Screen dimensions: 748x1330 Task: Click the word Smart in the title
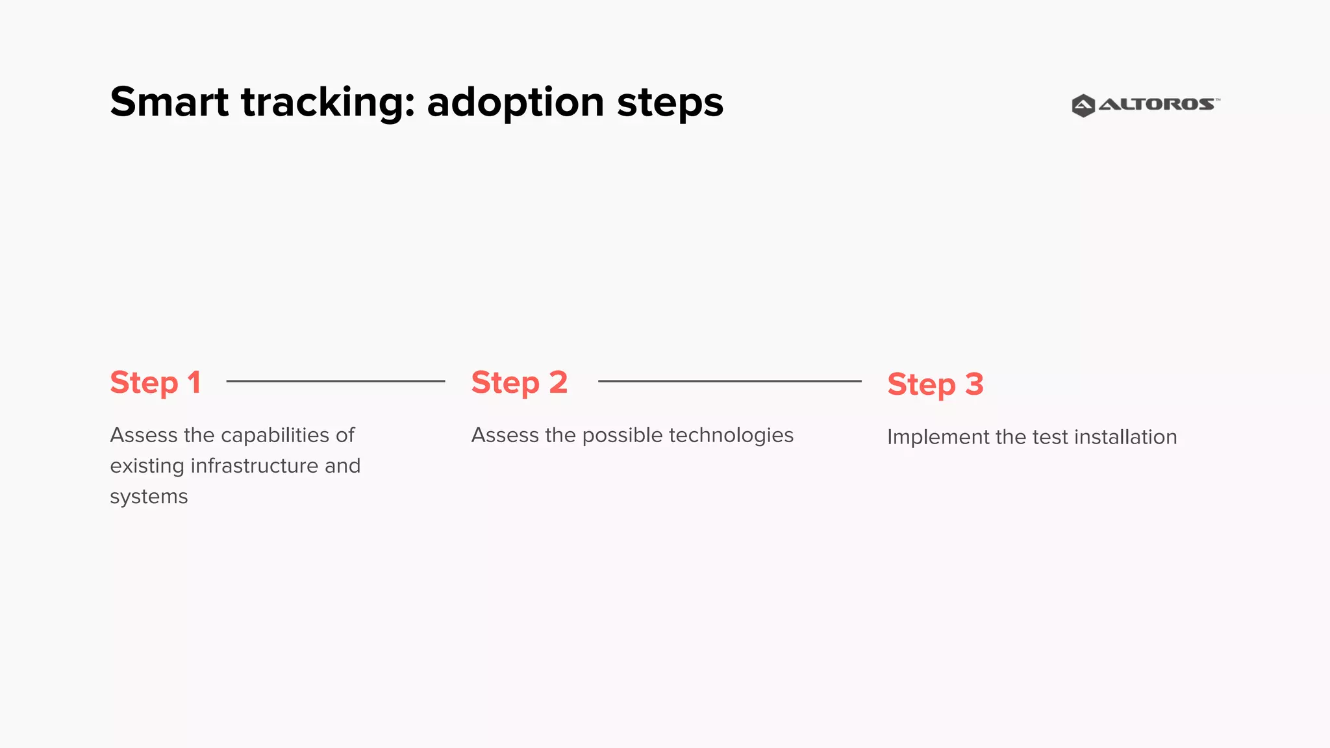(169, 103)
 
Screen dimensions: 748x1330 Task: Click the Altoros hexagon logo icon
(1083, 105)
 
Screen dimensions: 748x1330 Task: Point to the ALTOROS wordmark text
(1157, 105)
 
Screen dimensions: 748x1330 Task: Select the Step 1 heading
(155, 382)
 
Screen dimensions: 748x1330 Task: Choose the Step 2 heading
(519, 382)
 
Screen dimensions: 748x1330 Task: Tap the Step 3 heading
(935, 384)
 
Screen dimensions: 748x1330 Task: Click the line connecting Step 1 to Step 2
(335, 381)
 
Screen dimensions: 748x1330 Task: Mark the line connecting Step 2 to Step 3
(729, 381)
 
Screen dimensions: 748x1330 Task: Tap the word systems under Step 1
(149, 497)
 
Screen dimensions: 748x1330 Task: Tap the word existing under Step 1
(147, 466)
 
